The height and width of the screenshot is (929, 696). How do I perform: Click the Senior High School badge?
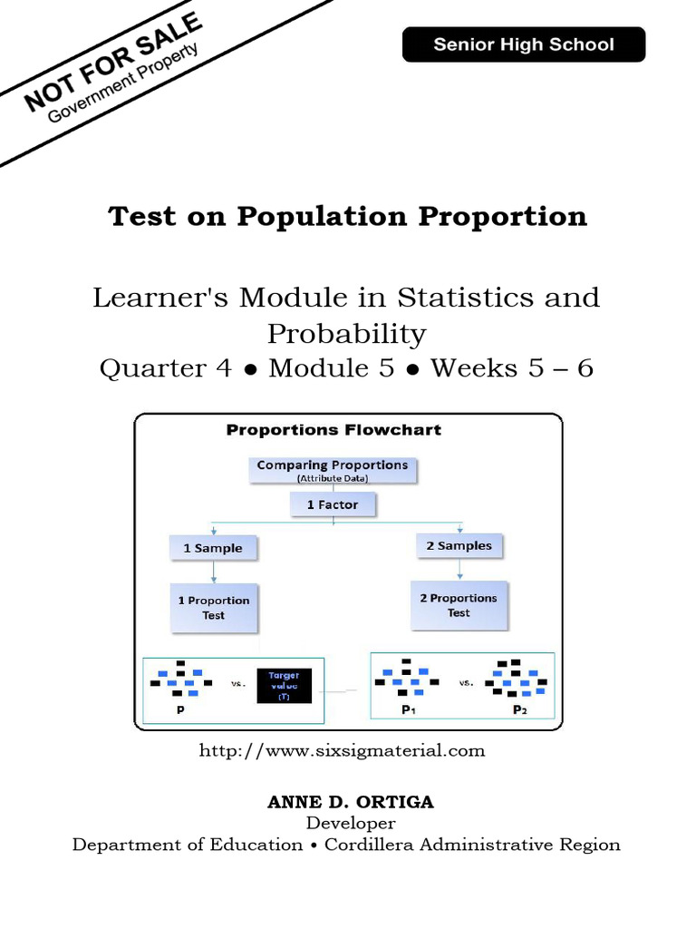pos(523,44)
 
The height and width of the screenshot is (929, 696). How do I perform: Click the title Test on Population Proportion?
pos(348,216)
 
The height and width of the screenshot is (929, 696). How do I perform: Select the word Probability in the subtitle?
pos(346,334)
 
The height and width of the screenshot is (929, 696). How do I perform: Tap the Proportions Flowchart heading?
pos(333,430)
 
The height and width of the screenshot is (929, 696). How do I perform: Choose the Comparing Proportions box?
pos(332,469)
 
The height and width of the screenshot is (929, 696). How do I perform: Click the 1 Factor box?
pos(333,504)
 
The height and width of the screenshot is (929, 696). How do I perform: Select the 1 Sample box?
pos(213,548)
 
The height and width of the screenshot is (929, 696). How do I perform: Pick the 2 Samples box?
pos(459,545)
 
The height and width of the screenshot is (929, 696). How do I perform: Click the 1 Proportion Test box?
pos(213,608)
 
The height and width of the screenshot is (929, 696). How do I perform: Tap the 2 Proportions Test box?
pos(459,605)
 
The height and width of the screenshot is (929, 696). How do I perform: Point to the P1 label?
pos(409,710)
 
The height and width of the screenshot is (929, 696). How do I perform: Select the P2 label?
pos(519,710)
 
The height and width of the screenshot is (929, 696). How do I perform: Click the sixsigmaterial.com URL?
pos(341,750)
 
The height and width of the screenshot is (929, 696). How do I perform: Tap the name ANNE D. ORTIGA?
pos(350,802)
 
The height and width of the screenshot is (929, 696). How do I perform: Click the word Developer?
pos(350,824)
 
